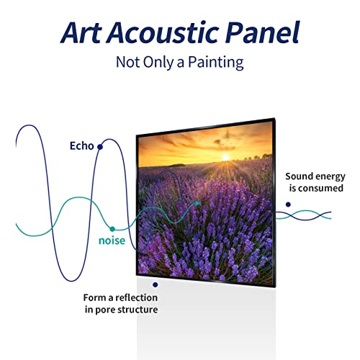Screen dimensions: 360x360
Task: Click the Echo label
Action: pyautogui.click(x=81, y=146)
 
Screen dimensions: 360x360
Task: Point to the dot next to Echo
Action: pyautogui.click(x=100, y=146)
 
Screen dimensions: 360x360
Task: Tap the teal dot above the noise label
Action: pyautogui.click(x=112, y=228)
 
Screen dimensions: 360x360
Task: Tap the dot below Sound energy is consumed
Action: pyautogui.click(x=288, y=204)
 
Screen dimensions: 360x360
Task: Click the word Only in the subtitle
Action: pyautogui.click(x=153, y=63)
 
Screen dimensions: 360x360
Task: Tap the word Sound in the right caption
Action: pyautogui.click(x=299, y=176)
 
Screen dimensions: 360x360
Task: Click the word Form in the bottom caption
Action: pyautogui.click(x=94, y=297)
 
